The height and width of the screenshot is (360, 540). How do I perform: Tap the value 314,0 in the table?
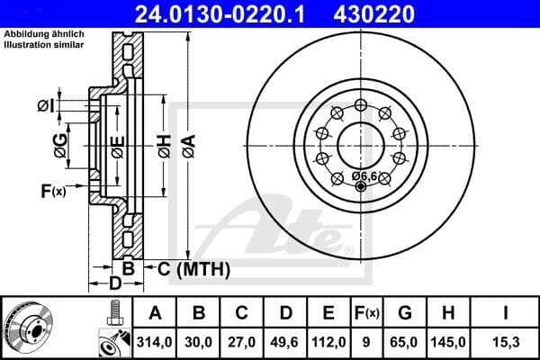point(155,342)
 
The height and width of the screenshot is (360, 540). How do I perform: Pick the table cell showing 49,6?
point(285,342)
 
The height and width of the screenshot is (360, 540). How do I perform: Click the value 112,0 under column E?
point(328,342)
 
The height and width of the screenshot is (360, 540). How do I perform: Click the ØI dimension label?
point(47,106)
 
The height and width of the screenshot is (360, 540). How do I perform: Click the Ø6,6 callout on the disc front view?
point(364,175)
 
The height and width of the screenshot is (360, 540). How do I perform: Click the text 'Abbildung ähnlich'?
point(44,34)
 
